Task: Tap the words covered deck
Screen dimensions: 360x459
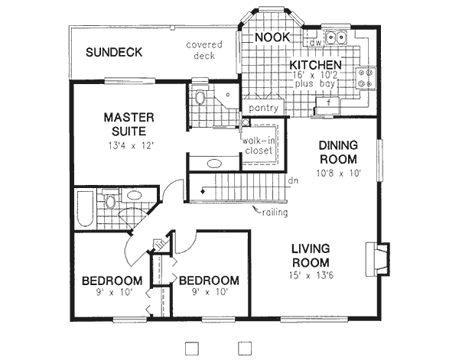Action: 204,50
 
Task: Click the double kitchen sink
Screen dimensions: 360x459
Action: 336,37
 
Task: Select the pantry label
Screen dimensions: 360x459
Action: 263,109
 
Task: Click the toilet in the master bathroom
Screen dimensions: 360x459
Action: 200,98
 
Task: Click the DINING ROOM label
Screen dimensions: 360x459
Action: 338,152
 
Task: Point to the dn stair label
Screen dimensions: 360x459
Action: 292,182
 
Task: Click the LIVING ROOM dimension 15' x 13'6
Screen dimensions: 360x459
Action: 310,276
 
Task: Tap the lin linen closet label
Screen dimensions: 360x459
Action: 161,245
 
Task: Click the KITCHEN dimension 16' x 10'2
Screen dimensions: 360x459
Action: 314,76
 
